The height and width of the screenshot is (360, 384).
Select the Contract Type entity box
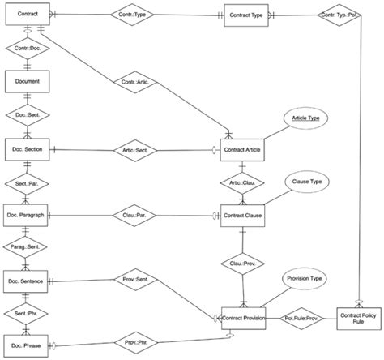point(244,15)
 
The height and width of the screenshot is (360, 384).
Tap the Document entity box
point(27,81)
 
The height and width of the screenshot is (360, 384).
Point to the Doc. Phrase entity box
point(28,346)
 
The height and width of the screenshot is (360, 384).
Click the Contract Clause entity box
point(244,215)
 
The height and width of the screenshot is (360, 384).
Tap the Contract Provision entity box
point(244,318)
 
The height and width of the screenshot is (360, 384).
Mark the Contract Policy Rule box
point(358,318)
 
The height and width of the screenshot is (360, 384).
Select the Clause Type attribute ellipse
point(305,182)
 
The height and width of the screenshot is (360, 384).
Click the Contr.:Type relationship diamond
point(133,15)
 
